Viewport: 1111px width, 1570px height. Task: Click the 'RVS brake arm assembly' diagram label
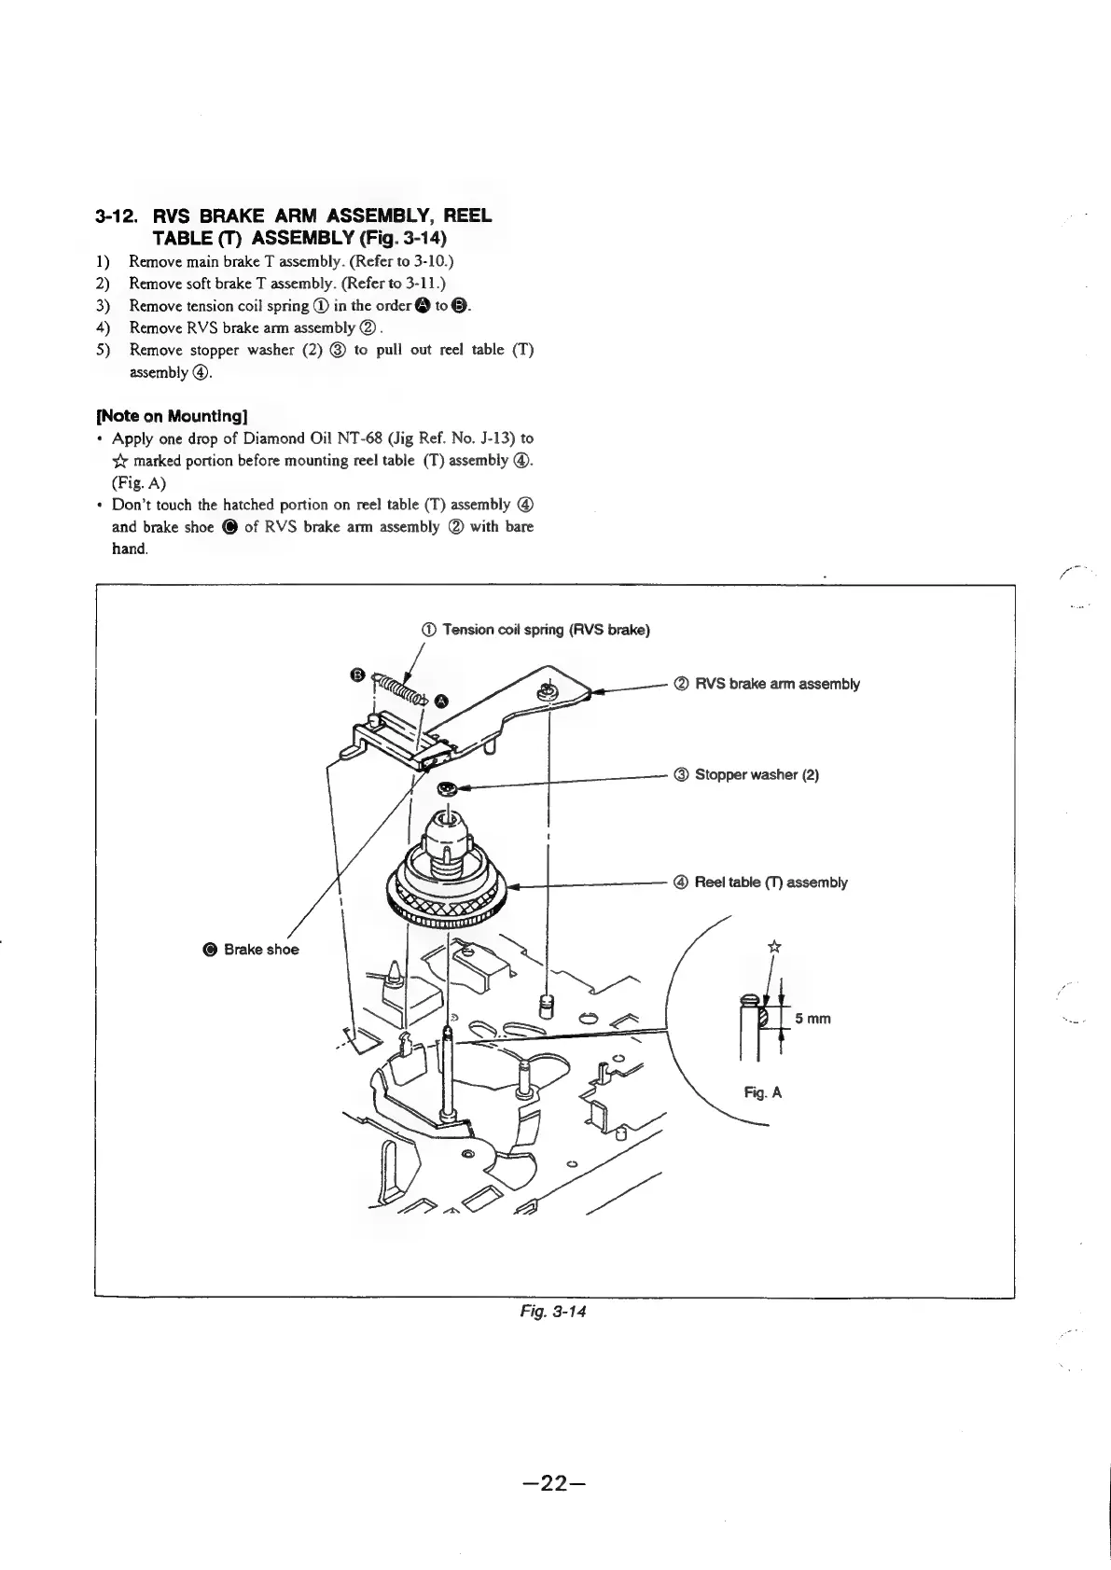777,684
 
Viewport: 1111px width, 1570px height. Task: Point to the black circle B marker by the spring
356,674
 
